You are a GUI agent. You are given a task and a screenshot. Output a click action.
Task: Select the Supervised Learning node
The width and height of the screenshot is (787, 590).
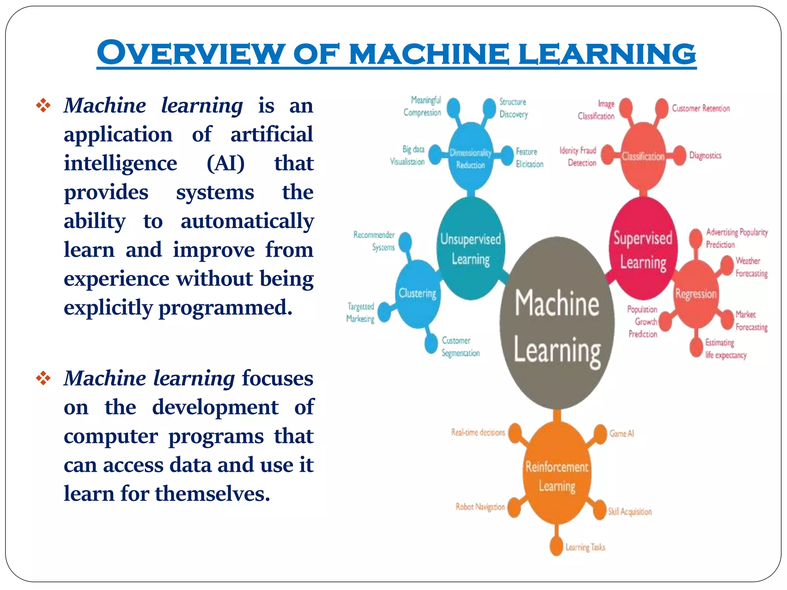(643, 250)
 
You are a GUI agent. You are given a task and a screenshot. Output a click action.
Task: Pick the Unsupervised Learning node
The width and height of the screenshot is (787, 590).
(471, 249)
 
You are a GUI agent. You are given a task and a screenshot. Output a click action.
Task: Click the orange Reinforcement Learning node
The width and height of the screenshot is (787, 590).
(557, 476)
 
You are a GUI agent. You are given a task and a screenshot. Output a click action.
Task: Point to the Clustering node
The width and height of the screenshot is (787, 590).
(418, 294)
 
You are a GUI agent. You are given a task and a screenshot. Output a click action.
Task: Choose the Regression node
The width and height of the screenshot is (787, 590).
(696, 294)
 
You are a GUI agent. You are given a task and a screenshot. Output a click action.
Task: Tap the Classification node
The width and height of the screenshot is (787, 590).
(643, 156)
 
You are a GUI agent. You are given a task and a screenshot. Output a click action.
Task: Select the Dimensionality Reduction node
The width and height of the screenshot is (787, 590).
(471, 158)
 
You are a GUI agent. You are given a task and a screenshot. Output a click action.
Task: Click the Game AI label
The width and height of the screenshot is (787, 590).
(621, 434)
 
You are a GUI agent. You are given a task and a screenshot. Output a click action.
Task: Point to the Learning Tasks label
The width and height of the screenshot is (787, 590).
(585, 547)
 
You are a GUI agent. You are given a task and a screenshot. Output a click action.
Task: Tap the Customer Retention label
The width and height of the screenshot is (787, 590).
(701, 108)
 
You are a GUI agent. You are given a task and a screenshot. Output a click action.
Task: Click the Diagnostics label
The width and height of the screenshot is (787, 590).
(705, 156)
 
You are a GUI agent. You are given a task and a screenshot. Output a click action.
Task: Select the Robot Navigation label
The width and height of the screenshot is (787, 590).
(480, 507)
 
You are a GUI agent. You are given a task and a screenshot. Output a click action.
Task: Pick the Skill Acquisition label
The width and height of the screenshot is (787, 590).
(630, 512)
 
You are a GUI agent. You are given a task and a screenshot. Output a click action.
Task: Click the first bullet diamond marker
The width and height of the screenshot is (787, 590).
(43, 106)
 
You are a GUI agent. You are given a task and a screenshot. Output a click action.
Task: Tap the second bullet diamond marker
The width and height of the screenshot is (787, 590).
(43, 378)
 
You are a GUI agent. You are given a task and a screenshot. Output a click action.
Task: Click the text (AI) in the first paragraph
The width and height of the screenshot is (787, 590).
(226, 163)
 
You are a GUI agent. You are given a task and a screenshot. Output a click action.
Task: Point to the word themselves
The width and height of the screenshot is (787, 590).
(213, 494)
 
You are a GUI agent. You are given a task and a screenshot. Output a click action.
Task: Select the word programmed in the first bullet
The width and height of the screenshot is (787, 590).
(226, 308)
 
